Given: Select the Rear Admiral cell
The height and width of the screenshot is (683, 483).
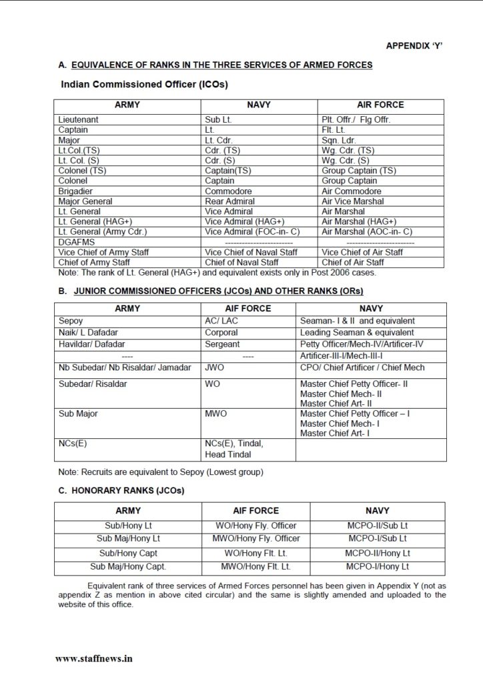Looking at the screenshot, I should click(x=230, y=201).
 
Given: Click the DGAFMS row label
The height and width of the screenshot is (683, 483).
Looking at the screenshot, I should click(x=76, y=241).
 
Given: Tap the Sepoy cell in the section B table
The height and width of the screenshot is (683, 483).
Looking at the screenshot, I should click(x=70, y=321).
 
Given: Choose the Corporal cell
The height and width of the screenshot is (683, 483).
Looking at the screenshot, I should click(x=222, y=332).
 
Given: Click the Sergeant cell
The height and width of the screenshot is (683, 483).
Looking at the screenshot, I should click(x=222, y=344).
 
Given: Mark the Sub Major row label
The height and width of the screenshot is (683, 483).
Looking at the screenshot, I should click(x=78, y=414).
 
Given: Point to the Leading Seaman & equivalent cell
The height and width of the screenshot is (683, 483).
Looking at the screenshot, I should click(x=357, y=332).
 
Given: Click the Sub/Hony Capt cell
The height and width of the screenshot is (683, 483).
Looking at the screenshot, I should click(x=127, y=553).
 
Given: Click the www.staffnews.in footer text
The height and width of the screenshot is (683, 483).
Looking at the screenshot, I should click(x=94, y=657).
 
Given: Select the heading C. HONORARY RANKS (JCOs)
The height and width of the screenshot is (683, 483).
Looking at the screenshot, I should click(x=121, y=490).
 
